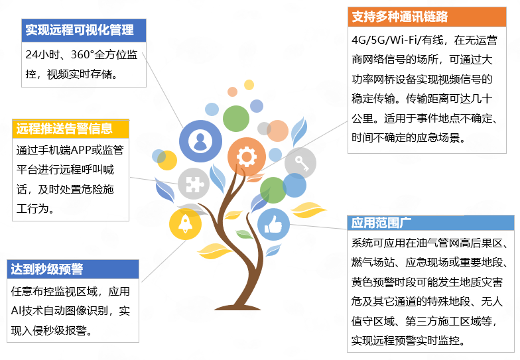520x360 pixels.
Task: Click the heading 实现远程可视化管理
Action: pyautogui.click(x=80, y=30)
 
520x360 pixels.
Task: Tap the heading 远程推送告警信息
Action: pyautogui.click(x=64, y=129)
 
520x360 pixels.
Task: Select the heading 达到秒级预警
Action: pyautogui.click(x=46, y=269)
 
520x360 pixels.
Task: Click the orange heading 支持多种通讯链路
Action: pyautogui.click(x=399, y=17)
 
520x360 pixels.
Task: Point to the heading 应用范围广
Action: pyautogui.click(x=381, y=223)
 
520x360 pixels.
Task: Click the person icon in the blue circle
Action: pyautogui.click(x=200, y=141)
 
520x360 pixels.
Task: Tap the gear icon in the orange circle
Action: pyautogui.click(x=247, y=156)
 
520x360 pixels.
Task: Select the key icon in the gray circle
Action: pyautogui.click(x=300, y=163)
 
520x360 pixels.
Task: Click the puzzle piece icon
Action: pyautogui.click(x=194, y=184)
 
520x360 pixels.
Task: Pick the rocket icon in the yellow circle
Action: pyautogui.click(x=185, y=223)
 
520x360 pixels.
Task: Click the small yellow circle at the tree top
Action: pyautogui.click(x=249, y=85)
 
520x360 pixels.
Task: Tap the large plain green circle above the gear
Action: pyautogui.click(x=236, y=119)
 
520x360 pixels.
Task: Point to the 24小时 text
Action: pyautogui.click(x=38, y=54)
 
